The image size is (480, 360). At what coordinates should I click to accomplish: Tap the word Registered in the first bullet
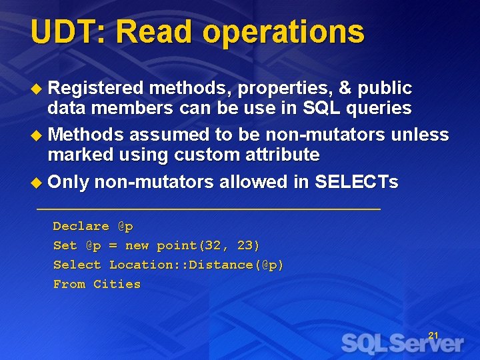pos(96,88)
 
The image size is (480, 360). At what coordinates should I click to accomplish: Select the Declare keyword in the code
pos(81,226)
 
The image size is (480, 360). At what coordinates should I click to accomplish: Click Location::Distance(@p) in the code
pos(197,265)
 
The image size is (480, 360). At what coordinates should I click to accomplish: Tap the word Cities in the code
pos(117,284)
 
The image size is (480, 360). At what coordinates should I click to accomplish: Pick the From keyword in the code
pos(69,284)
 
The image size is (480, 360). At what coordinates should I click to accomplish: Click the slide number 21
pos(433,335)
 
